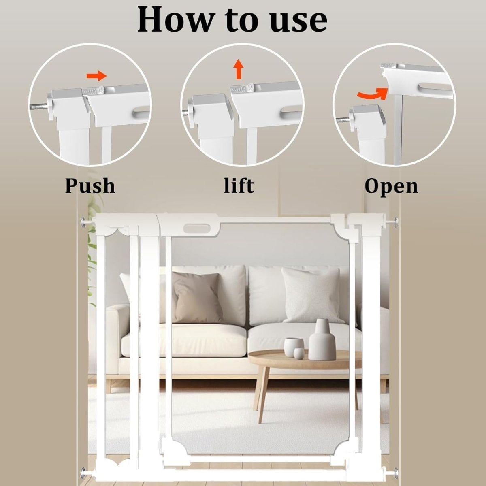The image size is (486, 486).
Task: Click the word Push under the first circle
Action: coord(90,185)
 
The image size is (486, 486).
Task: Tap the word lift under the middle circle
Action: coord(239,185)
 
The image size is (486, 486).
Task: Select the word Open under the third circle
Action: coord(391,186)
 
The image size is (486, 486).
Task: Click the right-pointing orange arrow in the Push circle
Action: coord(96,75)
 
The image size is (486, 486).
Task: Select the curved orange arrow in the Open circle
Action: coord(370,93)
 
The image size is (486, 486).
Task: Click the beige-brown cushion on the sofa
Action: coord(198,297)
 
